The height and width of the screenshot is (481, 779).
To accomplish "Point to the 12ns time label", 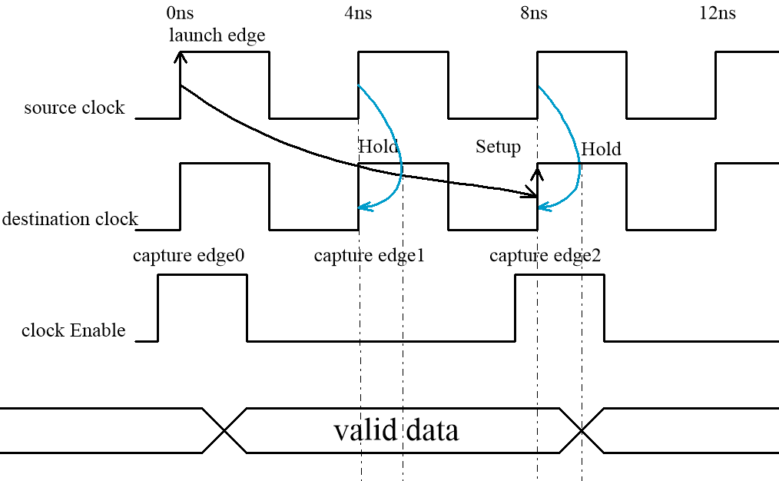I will (718, 14).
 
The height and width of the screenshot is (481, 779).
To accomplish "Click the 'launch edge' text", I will (217, 35).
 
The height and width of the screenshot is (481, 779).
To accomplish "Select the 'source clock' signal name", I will (74, 108).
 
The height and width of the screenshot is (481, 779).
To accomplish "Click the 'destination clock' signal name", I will (69, 219).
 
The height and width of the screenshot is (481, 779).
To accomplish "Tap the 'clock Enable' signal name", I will (73, 330).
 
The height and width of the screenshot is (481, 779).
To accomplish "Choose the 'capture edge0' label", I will (188, 256).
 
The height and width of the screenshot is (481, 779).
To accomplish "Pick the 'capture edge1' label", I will (369, 256).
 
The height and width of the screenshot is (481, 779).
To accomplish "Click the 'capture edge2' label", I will (545, 256).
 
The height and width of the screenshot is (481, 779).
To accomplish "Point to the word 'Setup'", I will (498, 147).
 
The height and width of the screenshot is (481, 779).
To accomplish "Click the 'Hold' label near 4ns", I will (378, 147).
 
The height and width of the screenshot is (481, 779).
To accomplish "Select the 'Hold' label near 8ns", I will (601, 149).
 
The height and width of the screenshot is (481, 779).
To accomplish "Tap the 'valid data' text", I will (396, 430).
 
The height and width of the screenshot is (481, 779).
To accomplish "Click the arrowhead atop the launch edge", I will (181, 55).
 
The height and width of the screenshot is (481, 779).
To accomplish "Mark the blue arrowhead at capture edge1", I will (364, 207).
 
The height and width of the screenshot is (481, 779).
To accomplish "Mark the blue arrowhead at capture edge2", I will (542, 206).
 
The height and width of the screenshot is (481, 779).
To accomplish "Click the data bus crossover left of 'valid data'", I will (224, 430).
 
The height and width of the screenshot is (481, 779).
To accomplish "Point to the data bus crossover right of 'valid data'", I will (582, 430).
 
